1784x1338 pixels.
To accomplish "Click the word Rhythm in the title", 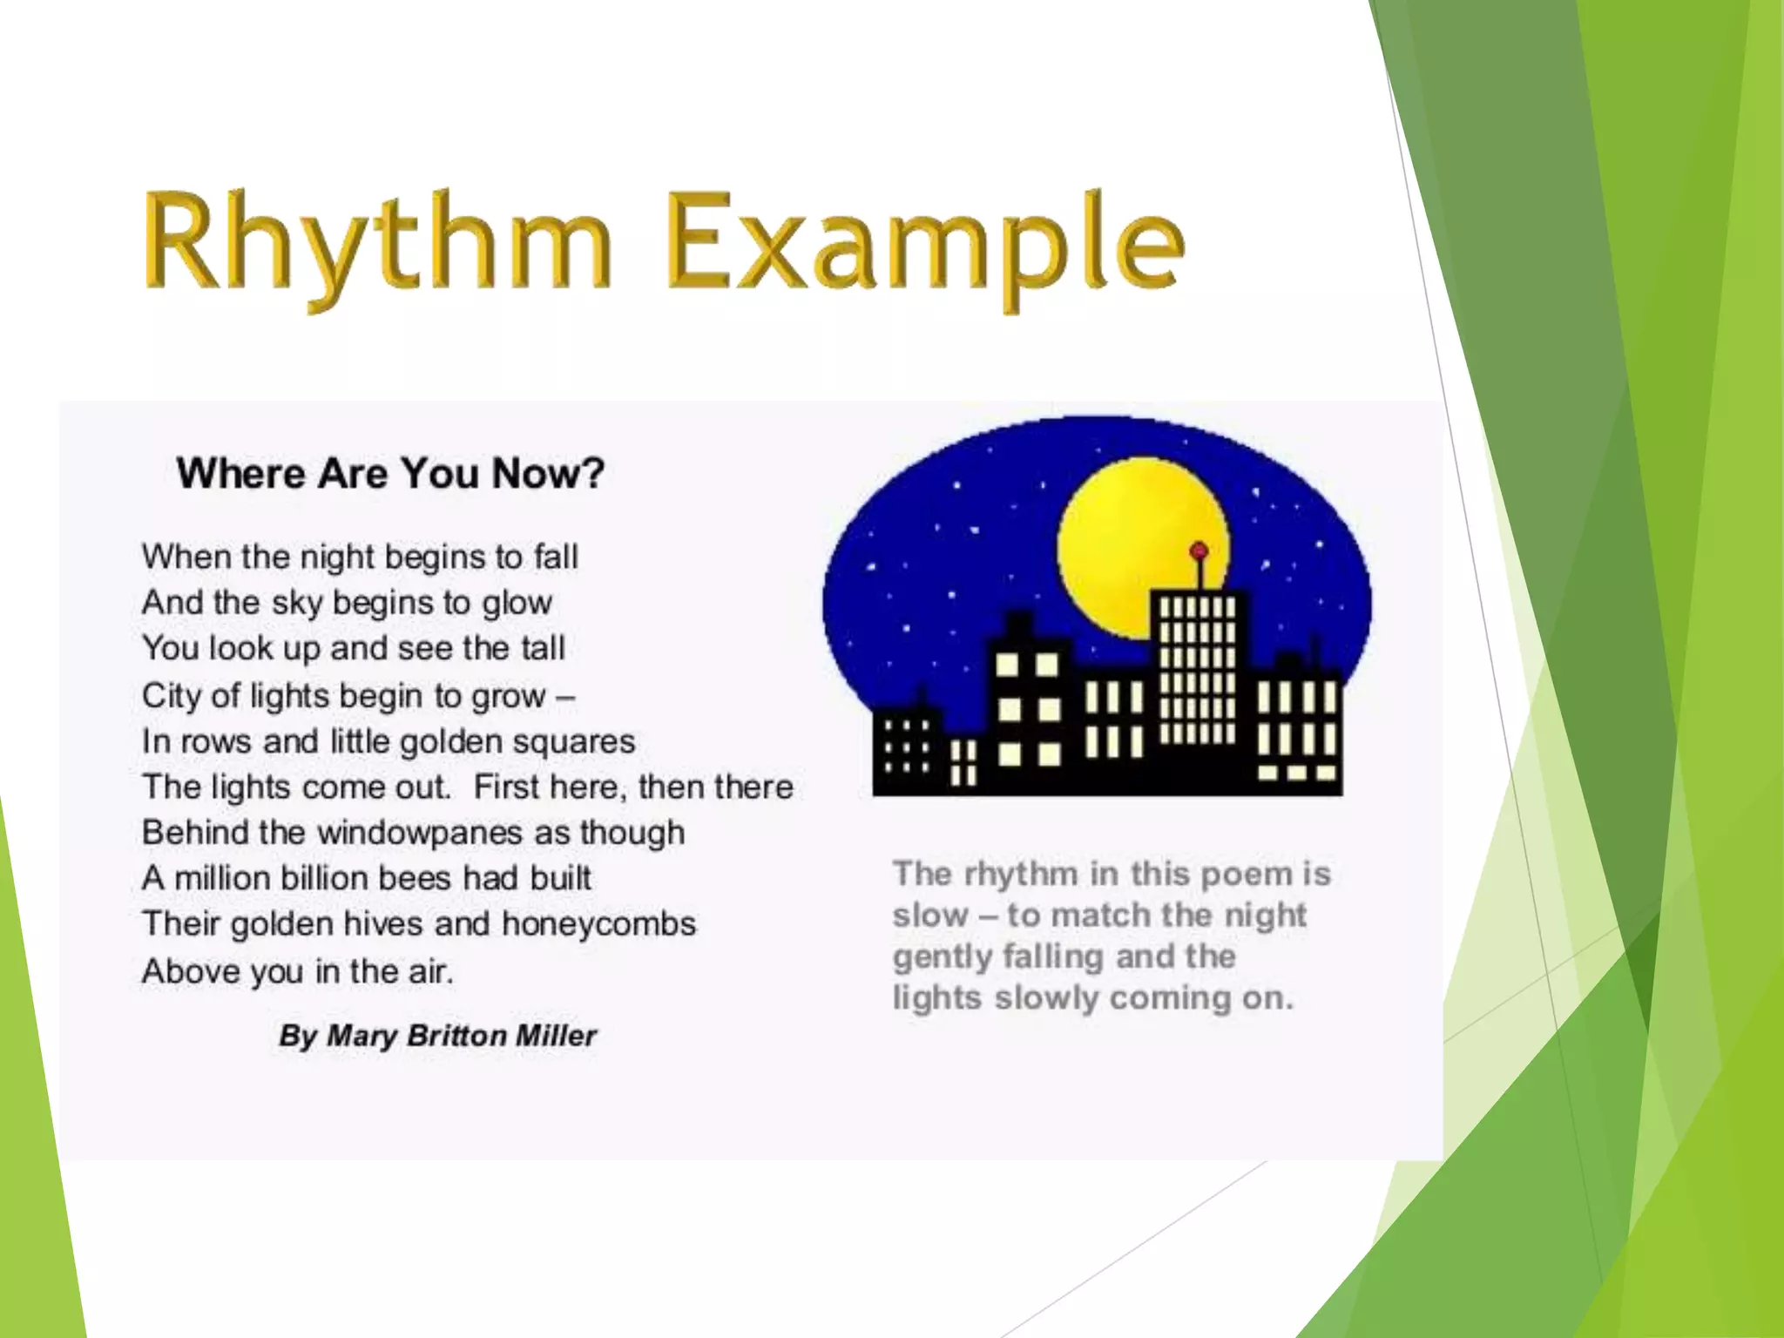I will pyautogui.click(x=376, y=244).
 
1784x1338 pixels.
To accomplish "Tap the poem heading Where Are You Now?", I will pyautogui.click(x=390, y=474).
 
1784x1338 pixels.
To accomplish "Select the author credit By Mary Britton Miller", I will pyautogui.click(x=437, y=1036).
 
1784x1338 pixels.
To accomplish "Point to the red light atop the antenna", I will pyautogui.click(x=1199, y=551).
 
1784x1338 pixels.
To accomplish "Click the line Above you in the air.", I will pyautogui.click(x=298, y=970).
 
